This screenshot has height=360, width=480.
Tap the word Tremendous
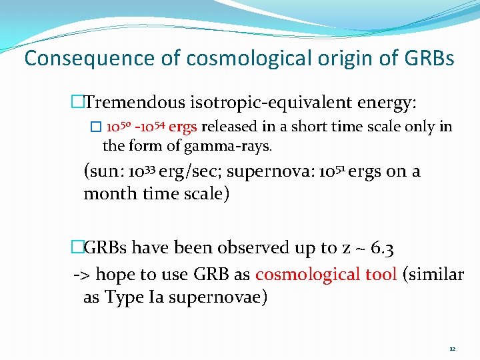pyautogui.click(x=136, y=103)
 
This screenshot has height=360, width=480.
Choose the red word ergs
pyautogui.click(x=183, y=127)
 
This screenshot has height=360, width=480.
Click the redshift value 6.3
pyautogui.click(x=380, y=248)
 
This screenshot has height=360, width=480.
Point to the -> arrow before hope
pyautogui.click(x=81, y=274)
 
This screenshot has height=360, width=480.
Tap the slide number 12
pyautogui.click(x=452, y=349)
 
